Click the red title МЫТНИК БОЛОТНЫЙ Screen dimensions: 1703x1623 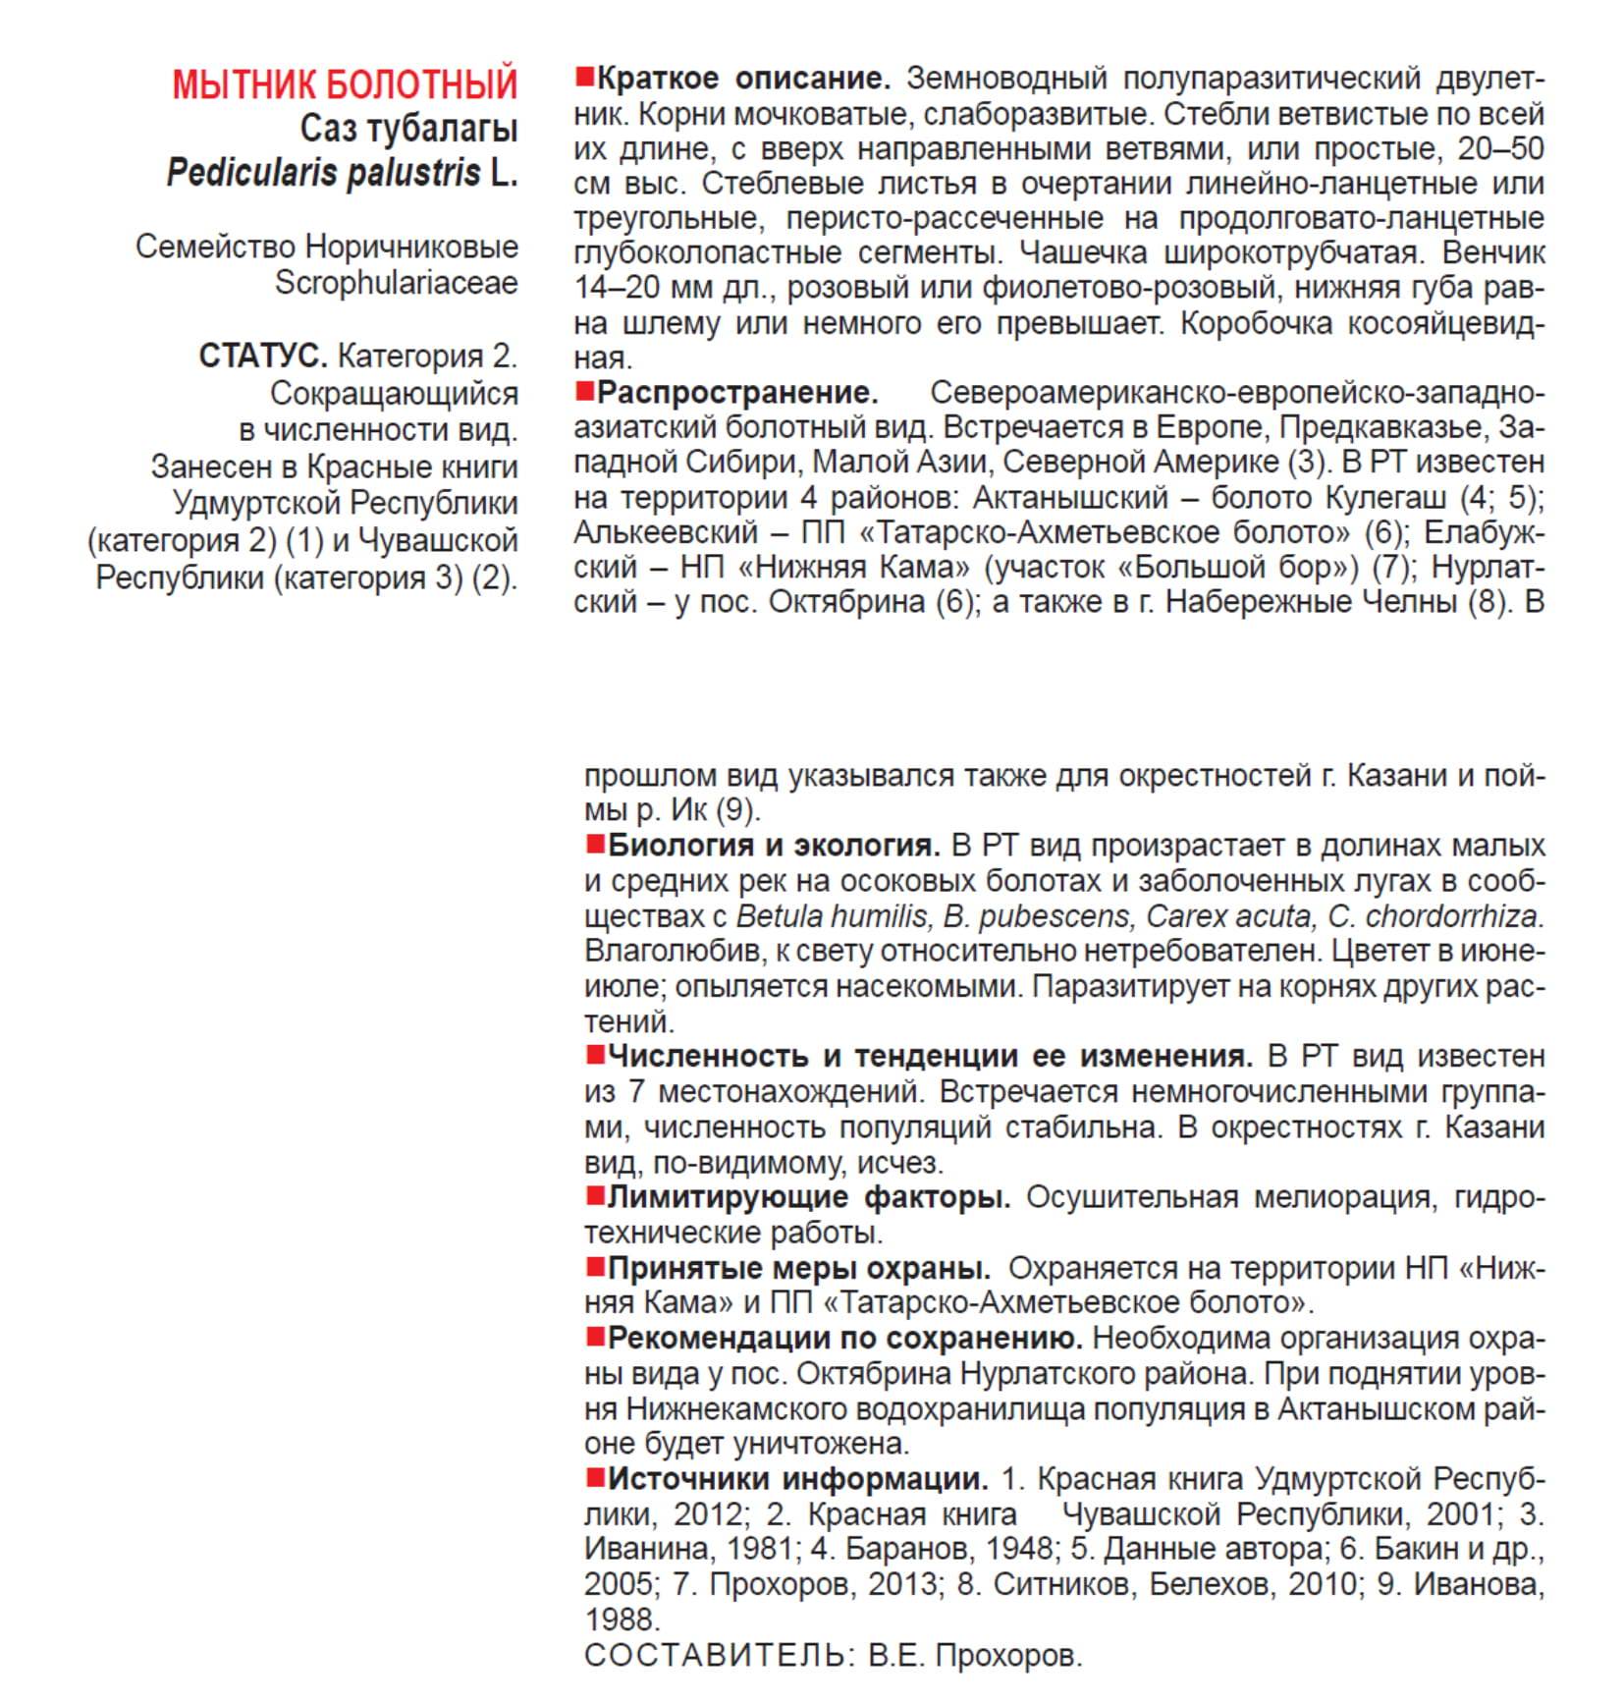pyautogui.click(x=345, y=84)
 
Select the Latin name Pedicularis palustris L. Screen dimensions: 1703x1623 pyautogui.click(x=342, y=173)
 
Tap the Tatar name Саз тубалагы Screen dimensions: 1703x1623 pyautogui.click(x=408, y=129)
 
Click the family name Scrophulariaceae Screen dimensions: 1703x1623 pyautogui.click(x=396, y=283)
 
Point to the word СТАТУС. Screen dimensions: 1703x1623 pyautogui.click(x=262, y=356)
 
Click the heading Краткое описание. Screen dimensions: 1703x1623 pyautogui.click(x=743, y=78)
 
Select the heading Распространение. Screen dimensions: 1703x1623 pyautogui.click(x=737, y=393)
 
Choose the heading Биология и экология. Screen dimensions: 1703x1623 pyautogui.click(x=774, y=846)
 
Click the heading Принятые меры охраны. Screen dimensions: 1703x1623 pyautogui.click(x=799, y=1268)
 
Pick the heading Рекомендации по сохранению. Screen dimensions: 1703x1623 pyautogui.click(x=844, y=1339)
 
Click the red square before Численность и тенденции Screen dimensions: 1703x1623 pyautogui.click(x=594, y=1056)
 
